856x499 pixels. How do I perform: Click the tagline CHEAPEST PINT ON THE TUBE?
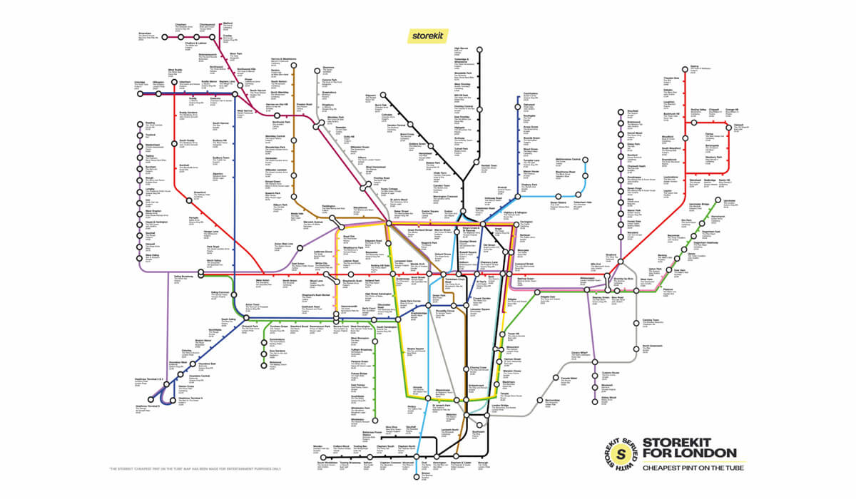[x=691, y=468]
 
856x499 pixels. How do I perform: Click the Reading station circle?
[x=131, y=123]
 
